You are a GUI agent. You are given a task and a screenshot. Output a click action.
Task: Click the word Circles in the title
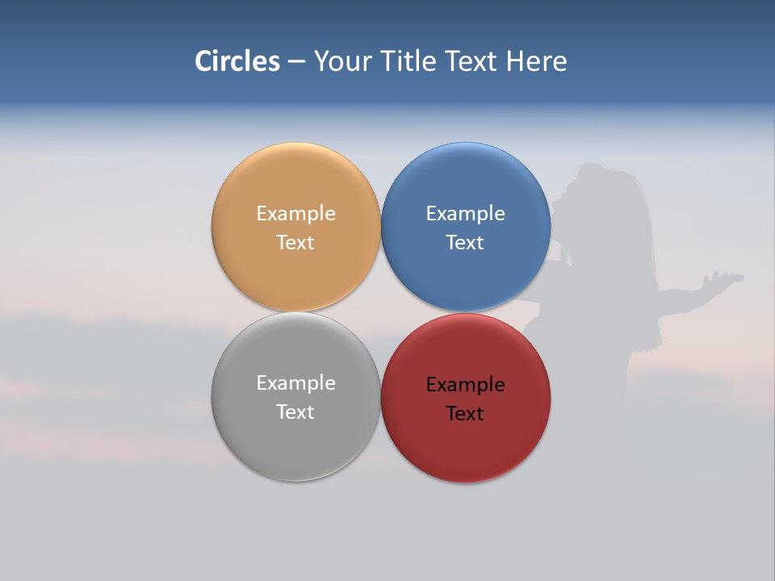(237, 61)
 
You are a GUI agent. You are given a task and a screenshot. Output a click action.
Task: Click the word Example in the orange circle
(295, 214)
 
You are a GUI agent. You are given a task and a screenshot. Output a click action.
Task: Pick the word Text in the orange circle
(295, 243)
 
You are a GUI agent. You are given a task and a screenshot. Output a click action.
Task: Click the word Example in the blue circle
(465, 214)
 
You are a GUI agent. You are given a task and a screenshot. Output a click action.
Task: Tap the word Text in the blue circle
(465, 243)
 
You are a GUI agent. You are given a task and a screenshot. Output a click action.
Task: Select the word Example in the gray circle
(295, 383)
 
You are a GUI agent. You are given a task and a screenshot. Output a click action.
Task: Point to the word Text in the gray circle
(295, 412)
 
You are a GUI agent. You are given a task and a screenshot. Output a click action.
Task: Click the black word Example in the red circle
(465, 385)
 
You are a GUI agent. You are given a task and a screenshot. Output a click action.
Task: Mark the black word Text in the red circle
(465, 414)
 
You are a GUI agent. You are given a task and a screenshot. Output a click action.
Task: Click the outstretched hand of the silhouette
(722, 281)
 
